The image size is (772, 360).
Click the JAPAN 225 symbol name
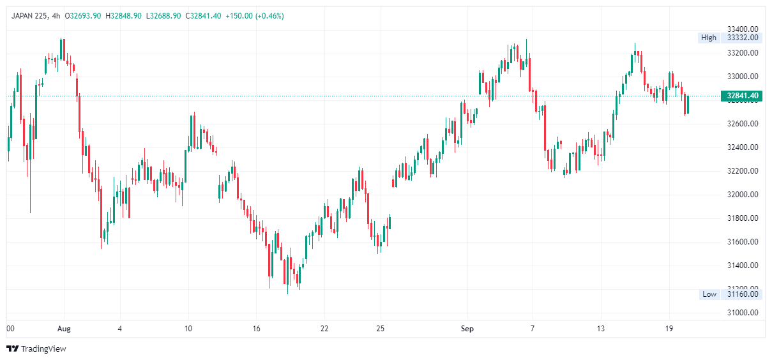click(x=29, y=15)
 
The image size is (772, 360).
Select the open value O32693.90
click(x=79, y=15)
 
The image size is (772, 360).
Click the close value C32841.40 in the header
click(x=205, y=15)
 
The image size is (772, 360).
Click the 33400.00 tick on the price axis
click(x=743, y=29)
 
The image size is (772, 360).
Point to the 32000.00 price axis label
click(x=743, y=195)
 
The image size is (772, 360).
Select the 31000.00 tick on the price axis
click(x=743, y=313)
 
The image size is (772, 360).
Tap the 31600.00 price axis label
click(x=743, y=242)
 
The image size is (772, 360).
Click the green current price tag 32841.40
click(x=742, y=96)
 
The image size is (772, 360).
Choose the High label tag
click(x=709, y=38)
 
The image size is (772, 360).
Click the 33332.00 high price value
click(x=743, y=38)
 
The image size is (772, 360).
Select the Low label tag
click(x=709, y=294)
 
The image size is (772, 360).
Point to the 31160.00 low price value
click(x=743, y=294)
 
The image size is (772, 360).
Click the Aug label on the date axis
click(x=64, y=329)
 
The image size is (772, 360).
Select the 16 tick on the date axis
click(x=256, y=329)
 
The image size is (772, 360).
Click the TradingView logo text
click(x=43, y=349)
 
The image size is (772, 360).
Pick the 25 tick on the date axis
click(x=380, y=329)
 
